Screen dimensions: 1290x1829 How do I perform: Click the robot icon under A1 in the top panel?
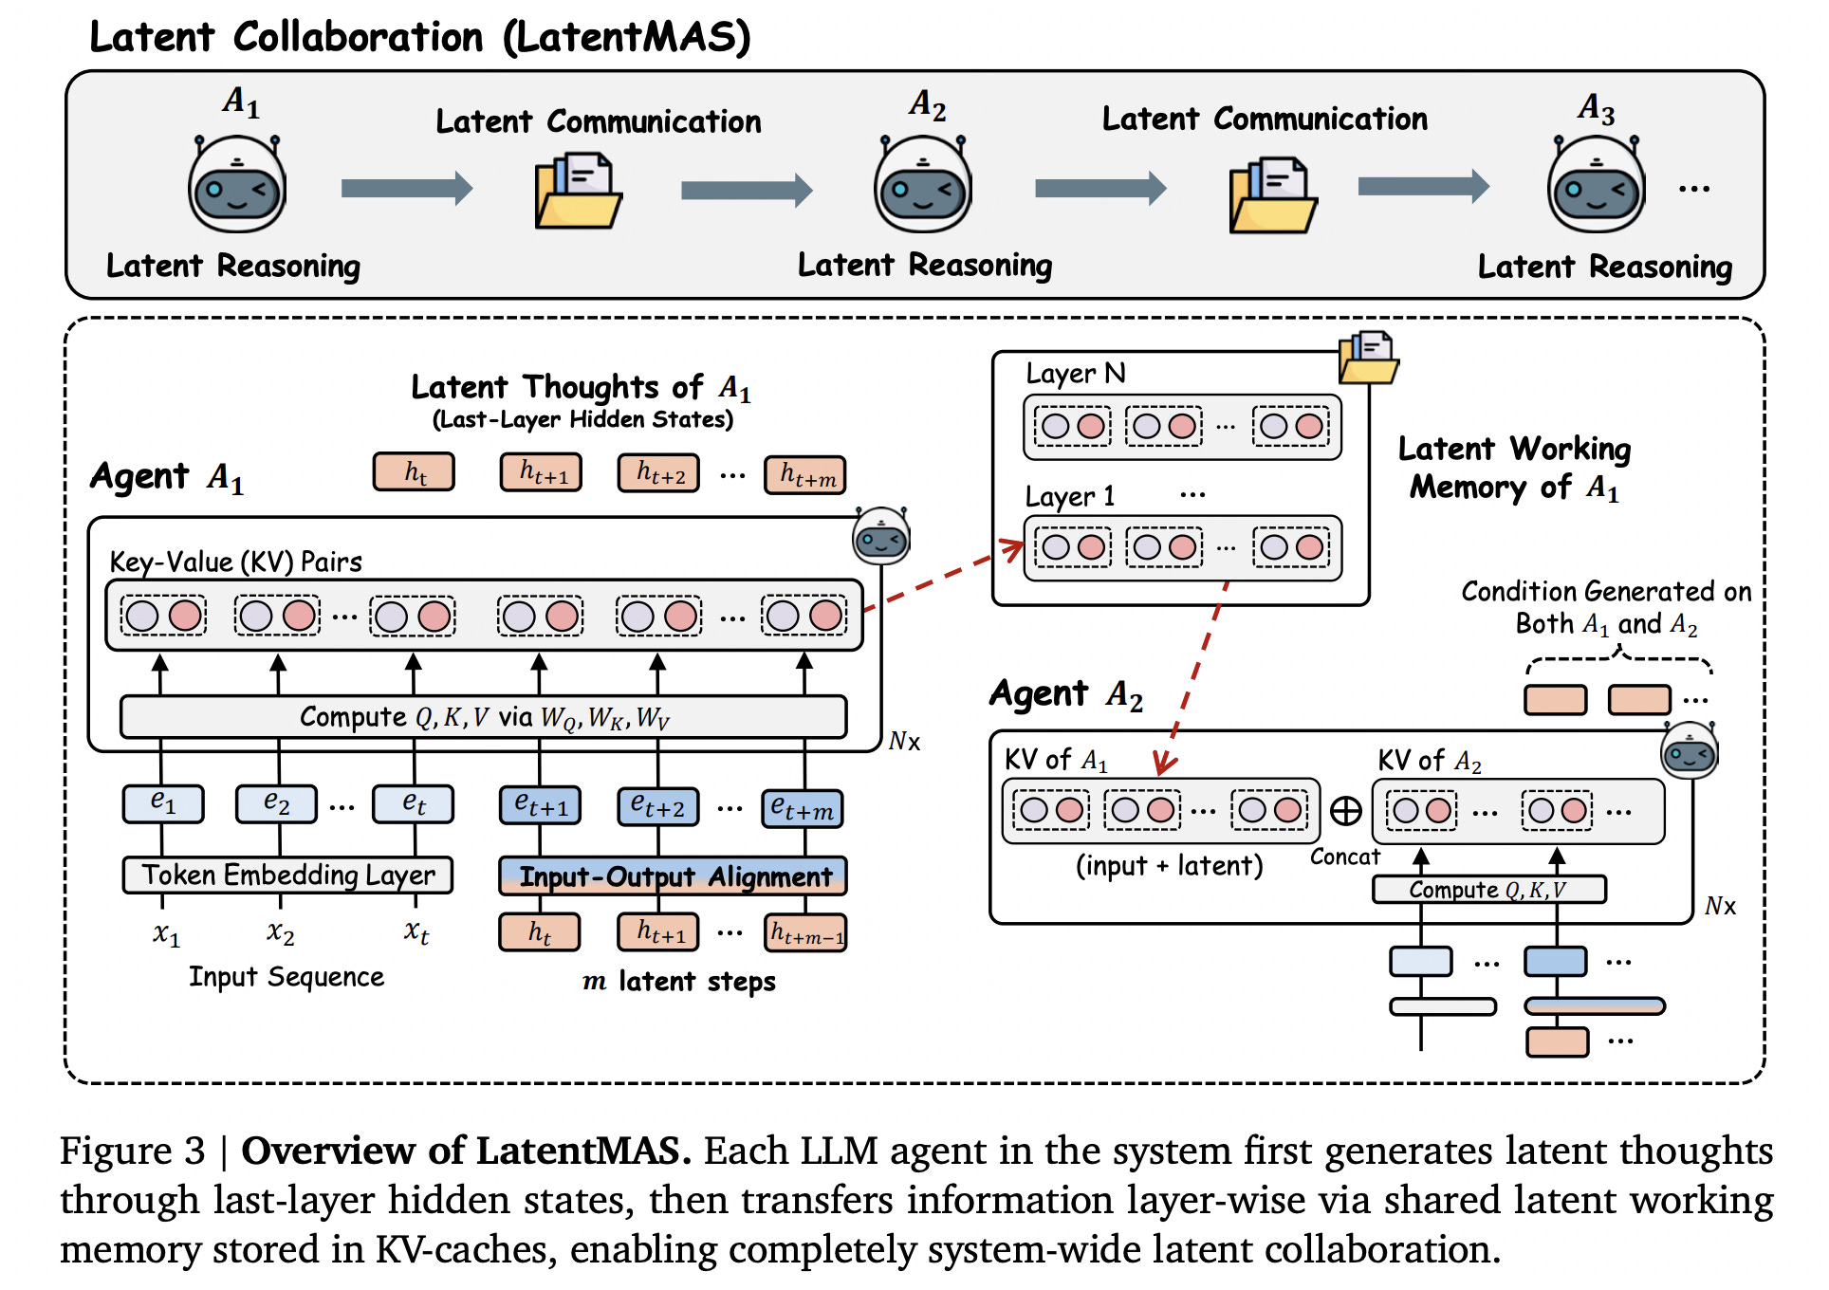tap(237, 185)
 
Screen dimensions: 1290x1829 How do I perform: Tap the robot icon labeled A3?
tap(1597, 185)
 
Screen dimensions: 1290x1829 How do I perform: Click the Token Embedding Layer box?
tap(287, 875)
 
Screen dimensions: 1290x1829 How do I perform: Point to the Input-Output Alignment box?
tap(674, 876)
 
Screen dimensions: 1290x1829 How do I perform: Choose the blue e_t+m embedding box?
tap(803, 808)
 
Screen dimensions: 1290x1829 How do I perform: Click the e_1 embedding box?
tap(162, 803)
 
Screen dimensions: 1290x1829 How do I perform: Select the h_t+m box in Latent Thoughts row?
tap(805, 474)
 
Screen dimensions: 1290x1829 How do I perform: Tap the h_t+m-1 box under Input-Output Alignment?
tap(805, 932)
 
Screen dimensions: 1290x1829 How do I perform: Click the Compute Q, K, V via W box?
tap(483, 717)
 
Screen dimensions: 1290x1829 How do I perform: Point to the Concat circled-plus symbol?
tap(1345, 810)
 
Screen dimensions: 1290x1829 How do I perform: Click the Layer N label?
tap(1076, 373)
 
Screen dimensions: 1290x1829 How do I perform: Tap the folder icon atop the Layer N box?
tap(1368, 358)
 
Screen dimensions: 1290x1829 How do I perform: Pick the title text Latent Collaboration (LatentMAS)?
tap(419, 38)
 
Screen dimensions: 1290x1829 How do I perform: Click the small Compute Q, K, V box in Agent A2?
tap(1488, 890)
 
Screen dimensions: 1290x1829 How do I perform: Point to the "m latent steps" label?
tap(679, 981)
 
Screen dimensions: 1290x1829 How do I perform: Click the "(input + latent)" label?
tap(1169, 865)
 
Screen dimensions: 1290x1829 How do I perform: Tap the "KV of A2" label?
tap(1429, 760)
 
